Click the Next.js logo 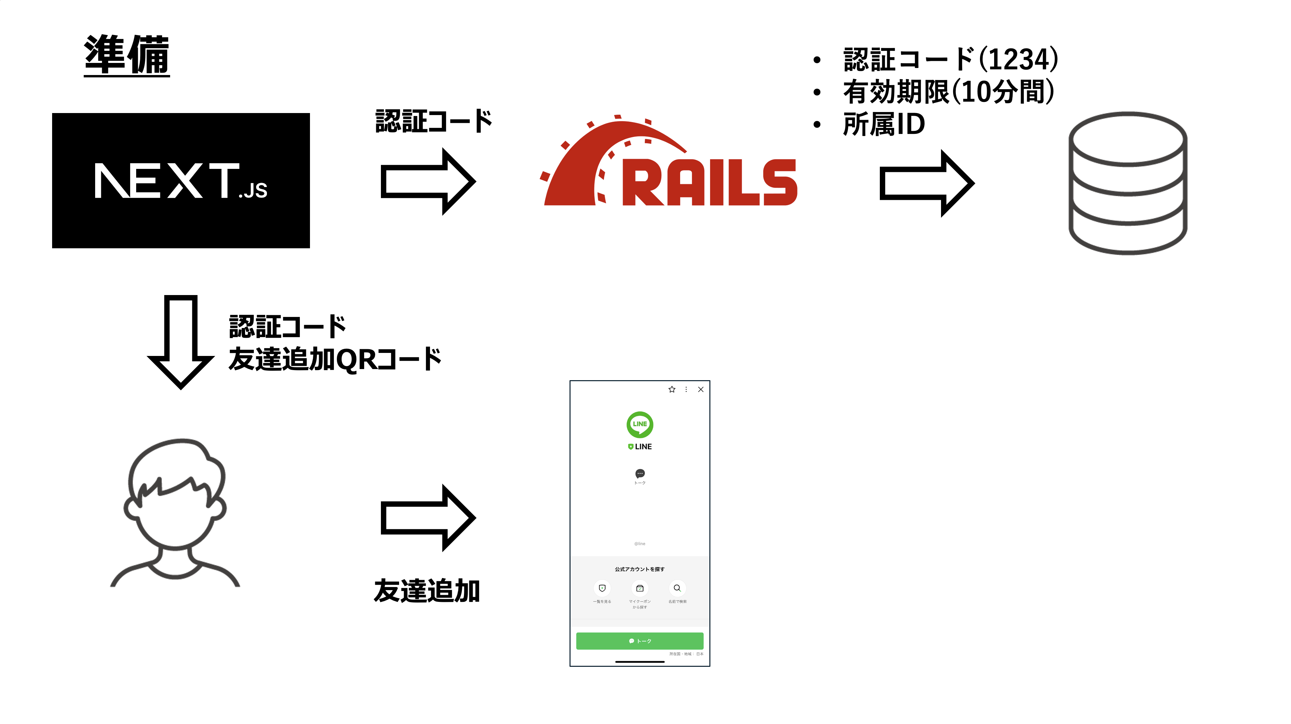(x=181, y=181)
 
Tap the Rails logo (x=671, y=166)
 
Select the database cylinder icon (x=1128, y=183)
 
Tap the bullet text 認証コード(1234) (x=950, y=59)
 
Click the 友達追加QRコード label (x=335, y=359)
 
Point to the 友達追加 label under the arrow (x=427, y=591)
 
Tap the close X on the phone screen (x=701, y=390)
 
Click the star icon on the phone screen (x=672, y=390)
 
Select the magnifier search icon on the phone (x=677, y=588)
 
